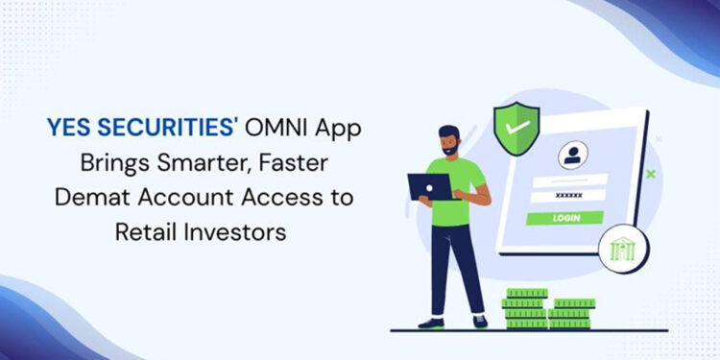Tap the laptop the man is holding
(428, 186)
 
